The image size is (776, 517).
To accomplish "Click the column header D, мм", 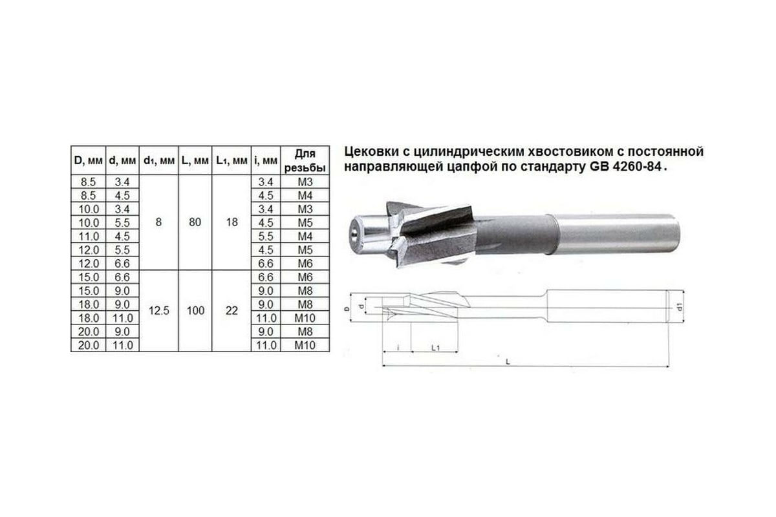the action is (89, 161).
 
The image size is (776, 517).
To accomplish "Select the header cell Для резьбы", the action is (305, 161).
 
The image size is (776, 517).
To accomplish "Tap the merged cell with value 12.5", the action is (158, 311).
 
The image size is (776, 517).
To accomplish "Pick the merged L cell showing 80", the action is (195, 222).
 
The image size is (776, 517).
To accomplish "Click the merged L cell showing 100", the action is (195, 311).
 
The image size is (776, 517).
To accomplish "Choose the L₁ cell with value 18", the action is (232, 222).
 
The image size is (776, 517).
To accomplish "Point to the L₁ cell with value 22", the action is (232, 311).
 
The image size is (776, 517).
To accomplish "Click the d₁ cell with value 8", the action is (158, 222).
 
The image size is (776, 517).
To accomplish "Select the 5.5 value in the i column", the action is (266, 237).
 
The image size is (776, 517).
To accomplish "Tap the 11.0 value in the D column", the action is (89, 237).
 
